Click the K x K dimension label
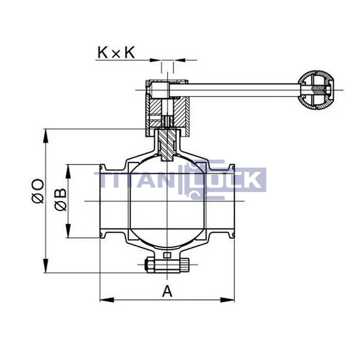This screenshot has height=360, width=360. point(116,52)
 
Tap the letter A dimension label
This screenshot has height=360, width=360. point(167,291)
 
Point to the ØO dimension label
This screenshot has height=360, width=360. point(38,191)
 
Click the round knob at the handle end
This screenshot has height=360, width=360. point(316,90)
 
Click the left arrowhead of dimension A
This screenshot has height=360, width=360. point(107,300)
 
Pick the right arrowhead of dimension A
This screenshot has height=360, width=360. point(227,300)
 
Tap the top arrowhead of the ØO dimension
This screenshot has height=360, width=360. point(46,136)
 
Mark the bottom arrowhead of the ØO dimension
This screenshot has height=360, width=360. point(46,266)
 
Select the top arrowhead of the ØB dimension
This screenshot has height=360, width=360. point(68,171)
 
